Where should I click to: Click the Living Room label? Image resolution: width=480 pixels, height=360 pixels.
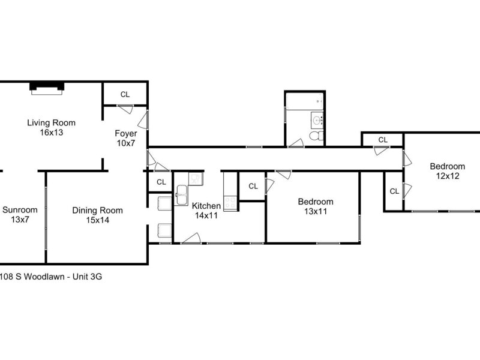pos(51,123)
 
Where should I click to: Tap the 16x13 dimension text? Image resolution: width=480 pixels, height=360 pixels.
pos(51,133)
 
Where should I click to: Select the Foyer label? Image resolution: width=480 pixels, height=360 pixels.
pos(126,133)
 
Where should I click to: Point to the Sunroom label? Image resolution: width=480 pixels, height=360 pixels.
pos(20,210)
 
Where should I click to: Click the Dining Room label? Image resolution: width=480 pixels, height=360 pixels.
pos(97,211)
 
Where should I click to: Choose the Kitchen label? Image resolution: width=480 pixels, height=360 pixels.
pos(206,206)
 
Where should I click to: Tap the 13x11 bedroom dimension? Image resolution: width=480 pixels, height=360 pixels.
pos(316,211)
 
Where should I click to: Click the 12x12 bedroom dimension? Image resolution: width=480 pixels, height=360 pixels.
pos(448,176)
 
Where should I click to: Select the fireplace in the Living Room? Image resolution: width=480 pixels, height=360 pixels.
pos(47,88)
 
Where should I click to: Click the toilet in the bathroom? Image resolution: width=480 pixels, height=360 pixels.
pos(316,135)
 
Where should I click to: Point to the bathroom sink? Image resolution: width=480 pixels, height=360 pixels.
pos(317,121)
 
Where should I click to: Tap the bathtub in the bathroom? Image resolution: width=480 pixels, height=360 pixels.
pos(304,101)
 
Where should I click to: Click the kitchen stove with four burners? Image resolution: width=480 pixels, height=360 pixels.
pos(231,203)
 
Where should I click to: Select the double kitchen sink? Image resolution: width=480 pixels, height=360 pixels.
pos(182,195)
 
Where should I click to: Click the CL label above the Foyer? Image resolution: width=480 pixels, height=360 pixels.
pos(125,95)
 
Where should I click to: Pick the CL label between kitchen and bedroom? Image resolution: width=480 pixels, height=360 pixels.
pos(253,186)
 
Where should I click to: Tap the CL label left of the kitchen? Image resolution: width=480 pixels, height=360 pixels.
pos(161,182)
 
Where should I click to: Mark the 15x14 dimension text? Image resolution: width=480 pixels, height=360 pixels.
pos(97,220)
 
